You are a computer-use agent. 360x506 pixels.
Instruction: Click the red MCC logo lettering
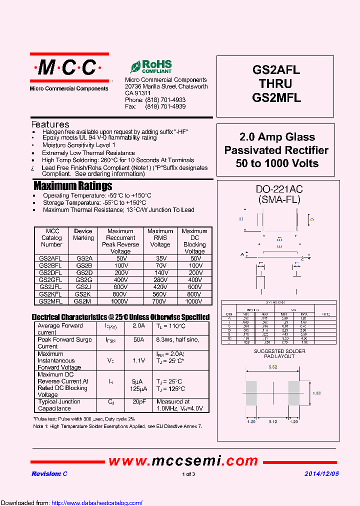69,68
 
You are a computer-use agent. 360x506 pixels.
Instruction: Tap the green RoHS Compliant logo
151,66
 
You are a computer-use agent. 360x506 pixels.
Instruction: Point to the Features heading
50,124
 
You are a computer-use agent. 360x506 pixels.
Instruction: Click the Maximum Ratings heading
73,186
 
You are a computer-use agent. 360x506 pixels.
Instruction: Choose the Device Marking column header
83,234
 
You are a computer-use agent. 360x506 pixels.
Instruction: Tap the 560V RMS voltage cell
160,294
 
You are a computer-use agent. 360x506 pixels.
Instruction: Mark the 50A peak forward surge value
138,340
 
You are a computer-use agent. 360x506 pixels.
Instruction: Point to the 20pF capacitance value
138,401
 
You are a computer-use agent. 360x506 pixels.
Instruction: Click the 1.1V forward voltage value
138,360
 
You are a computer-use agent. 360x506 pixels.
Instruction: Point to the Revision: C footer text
49,473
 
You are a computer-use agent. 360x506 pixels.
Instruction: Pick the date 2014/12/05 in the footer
322,473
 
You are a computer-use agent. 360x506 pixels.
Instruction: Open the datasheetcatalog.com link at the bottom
97,503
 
